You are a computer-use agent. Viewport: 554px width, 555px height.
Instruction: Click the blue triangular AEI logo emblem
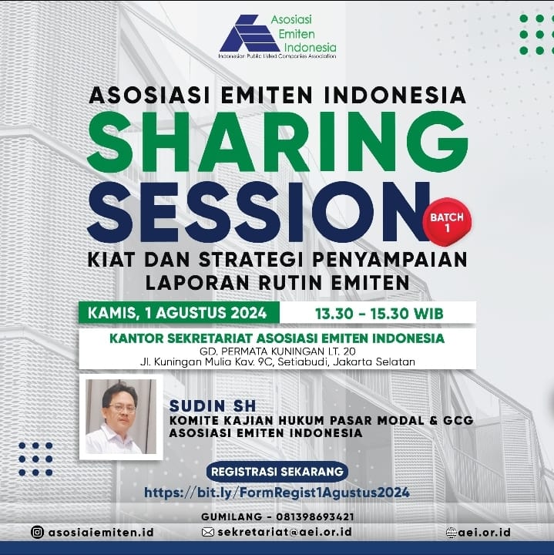[250, 34]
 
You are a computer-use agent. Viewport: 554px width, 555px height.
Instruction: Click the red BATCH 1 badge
[447, 222]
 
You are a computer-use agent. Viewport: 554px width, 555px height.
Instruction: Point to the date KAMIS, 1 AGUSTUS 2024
[177, 313]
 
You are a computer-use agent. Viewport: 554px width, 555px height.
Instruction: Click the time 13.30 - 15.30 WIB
[379, 314]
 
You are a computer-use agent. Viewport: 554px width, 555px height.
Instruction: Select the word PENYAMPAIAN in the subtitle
[390, 260]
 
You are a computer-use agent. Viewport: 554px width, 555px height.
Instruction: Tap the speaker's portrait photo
[121, 417]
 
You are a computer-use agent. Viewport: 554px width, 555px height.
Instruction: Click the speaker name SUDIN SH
[213, 405]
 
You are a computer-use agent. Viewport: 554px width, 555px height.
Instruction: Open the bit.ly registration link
[277, 493]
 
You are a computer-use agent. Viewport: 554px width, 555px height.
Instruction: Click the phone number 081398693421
[315, 516]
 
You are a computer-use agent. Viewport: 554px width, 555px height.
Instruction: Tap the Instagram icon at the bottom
[37, 532]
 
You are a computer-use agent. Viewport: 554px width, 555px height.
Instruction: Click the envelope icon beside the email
[208, 532]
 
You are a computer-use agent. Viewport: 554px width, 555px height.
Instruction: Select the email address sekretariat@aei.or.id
[285, 532]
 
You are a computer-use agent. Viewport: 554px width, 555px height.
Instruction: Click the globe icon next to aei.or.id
[452, 533]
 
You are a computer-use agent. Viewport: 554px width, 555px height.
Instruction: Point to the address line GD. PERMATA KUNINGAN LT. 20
[277, 351]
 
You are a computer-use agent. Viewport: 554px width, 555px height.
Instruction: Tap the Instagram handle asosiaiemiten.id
[101, 533]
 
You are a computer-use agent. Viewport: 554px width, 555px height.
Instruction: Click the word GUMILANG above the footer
[232, 516]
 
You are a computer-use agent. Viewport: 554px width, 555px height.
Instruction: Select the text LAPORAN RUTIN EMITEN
[277, 283]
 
